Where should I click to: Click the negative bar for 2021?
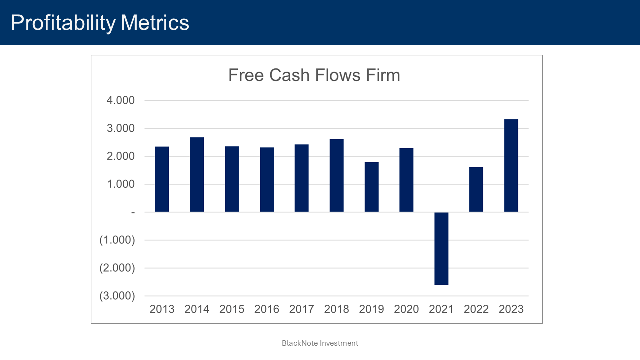(x=441, y=248)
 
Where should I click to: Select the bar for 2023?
(x=511, y=166)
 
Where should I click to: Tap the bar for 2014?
(x=197, y=175)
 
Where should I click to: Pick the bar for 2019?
(x=371, y=187)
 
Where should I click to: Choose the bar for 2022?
(x=476, y=190)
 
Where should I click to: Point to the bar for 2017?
(x=301, y=178)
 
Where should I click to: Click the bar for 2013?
(x=162, y=179)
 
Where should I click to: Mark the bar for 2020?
(x=406, y=180)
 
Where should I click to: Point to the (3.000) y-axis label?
(x=117, y=296)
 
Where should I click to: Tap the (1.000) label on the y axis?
(x=117, y=240)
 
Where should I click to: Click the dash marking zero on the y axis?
(x=133, y=212)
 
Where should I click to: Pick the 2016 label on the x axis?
(x=267, y=309)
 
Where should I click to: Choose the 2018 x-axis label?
(x=336, y=309)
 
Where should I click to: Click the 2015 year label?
(x=232, y=309)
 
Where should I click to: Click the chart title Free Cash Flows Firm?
(x=314, y=75)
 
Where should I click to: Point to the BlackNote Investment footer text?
(x=320, y=343)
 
